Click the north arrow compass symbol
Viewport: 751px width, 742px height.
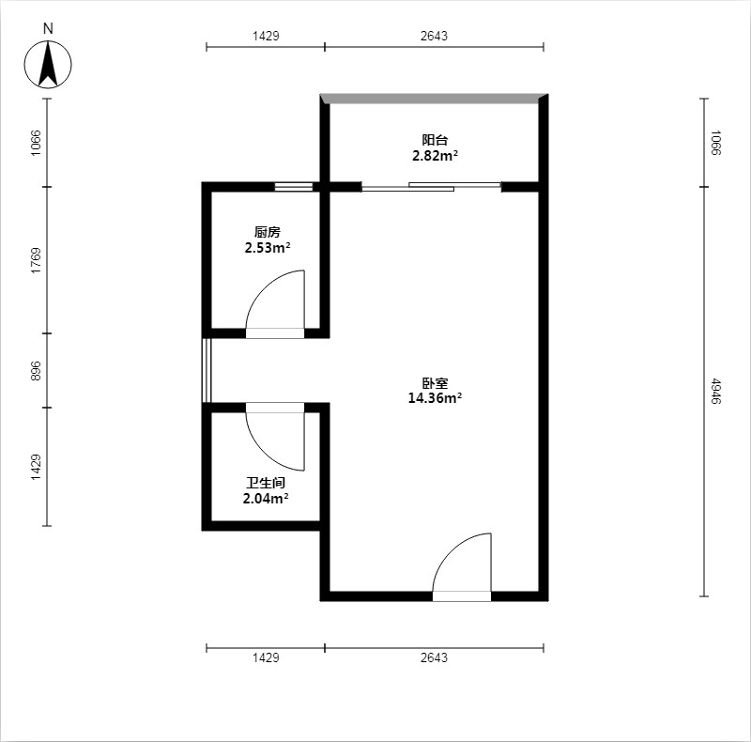pos(48,64)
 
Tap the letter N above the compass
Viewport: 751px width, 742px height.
pos(48,29)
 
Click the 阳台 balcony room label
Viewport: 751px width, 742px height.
pos(435,140)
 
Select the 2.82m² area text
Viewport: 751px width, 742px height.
pos(435,156)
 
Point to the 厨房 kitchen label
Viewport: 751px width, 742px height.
pos(268,232)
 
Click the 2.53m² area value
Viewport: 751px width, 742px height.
pos(268,248)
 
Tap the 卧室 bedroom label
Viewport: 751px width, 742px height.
pos(435,383)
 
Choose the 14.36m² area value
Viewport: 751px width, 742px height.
pos(435,398)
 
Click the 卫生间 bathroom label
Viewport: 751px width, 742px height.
pos(266,483)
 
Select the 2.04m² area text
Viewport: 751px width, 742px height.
pos(266,499)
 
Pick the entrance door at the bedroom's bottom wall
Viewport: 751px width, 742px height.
pos(462,567)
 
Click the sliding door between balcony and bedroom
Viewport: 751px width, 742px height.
pos(431,187)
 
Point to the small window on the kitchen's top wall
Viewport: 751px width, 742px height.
pos(294,187)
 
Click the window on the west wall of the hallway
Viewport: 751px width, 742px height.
pos(207,370)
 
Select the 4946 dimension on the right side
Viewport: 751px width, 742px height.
pos(714,391)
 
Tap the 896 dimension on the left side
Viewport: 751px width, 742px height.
pos(36,370)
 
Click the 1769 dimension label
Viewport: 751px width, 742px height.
pos(36,260)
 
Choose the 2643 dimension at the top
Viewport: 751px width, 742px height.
pos(434,36)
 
